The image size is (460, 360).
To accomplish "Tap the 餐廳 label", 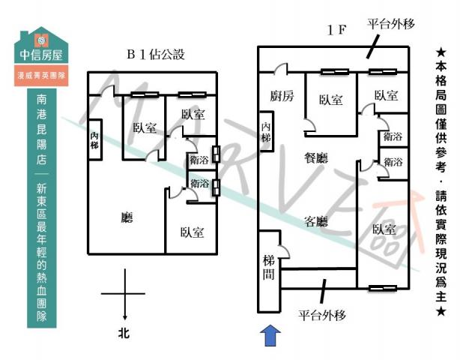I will pos(316,158).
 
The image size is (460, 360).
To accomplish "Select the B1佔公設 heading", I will pos(155,54).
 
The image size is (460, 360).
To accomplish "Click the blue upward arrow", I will pos(270,335).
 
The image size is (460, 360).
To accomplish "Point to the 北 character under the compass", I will pos(124,332).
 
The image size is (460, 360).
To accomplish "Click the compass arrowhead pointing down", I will pos(124,316).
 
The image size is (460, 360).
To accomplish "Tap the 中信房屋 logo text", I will pos(42,55).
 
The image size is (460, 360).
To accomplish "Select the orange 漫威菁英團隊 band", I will pos(42,76).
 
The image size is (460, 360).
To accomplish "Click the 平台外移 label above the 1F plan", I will pos(391,24).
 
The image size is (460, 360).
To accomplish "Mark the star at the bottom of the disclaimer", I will pos(441,310).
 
